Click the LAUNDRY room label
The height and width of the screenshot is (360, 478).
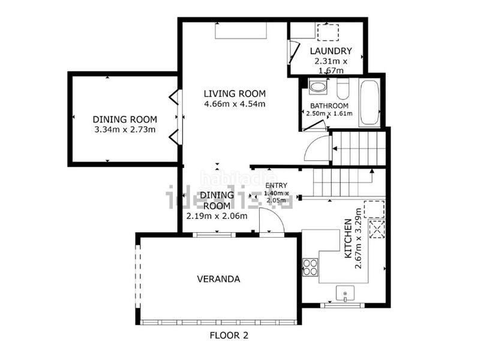point(330,51)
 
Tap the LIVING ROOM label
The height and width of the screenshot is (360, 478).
point(235,94)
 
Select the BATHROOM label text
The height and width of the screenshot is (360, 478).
point(329,106)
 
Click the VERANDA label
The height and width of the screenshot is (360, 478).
point(218,279)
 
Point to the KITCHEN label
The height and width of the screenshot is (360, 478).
point(348,239)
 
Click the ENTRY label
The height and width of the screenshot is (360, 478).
point(276,185)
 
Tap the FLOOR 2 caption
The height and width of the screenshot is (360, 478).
point(229,335)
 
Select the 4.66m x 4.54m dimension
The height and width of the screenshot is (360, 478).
point(235,104)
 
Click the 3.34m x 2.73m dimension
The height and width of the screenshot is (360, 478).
point(125,130)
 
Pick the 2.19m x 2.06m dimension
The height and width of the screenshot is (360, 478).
point(217,217)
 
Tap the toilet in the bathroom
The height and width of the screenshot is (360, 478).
point(343,89)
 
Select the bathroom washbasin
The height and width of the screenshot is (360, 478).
point(318,87)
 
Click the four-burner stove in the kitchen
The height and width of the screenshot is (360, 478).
point(310,267)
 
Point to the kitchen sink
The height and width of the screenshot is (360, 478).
point(345,293)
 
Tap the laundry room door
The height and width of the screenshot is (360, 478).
point(294,52)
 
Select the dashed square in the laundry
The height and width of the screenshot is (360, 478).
point(328,32)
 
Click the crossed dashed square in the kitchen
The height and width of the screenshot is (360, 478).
point(377,229)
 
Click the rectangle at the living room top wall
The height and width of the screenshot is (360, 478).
point(241,30)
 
